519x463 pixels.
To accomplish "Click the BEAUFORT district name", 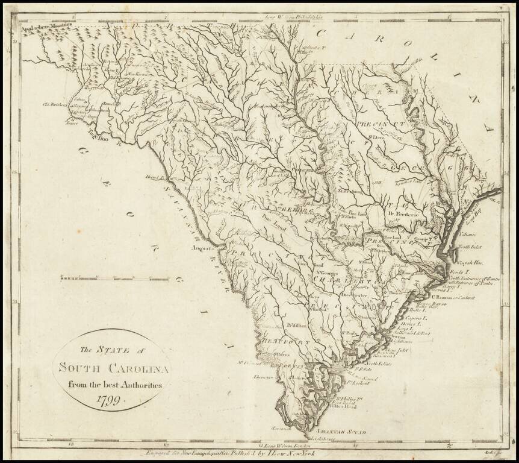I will pyautogui.click(x=284, y=342).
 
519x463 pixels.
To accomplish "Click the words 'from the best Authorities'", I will pyautogui.click(x=113, y=384).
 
